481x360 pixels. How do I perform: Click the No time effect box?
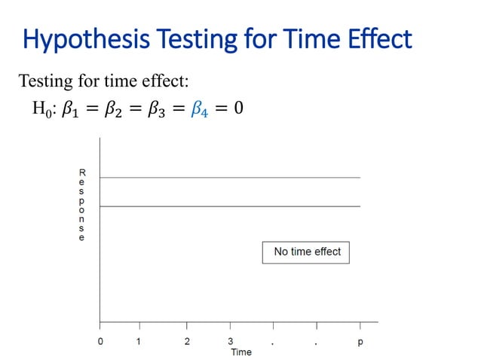[x=306, y=252]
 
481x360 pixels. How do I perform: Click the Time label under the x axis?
[x=241, y=352]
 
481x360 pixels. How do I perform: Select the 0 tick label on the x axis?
[x=100, y=342]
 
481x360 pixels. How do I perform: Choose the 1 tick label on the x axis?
[x=139, y=342]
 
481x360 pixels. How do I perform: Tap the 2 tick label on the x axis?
[x=187, y=342]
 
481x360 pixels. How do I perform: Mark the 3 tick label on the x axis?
[x=230, y=342]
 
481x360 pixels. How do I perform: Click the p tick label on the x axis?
[x=360, y=342]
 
